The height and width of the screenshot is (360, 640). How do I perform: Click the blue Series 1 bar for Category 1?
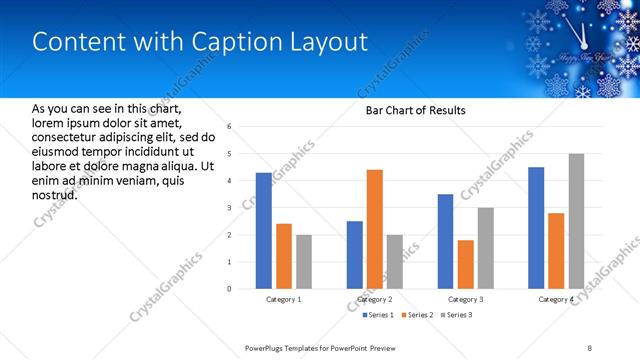263,231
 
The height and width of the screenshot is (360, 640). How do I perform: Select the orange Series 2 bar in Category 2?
375,229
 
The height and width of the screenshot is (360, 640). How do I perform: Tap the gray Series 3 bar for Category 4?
576,221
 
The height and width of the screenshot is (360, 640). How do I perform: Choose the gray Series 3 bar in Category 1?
303,262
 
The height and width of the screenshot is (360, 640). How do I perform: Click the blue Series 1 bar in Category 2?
355,255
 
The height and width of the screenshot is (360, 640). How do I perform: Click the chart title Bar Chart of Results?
409,110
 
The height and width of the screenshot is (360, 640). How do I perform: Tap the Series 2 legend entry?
416,316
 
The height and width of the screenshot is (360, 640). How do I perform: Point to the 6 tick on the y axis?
229,127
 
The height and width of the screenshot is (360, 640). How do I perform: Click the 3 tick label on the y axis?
229,208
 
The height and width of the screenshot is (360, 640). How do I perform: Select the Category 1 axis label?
284,299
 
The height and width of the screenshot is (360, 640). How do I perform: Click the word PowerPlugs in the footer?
268,347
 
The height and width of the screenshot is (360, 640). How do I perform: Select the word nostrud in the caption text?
55,194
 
